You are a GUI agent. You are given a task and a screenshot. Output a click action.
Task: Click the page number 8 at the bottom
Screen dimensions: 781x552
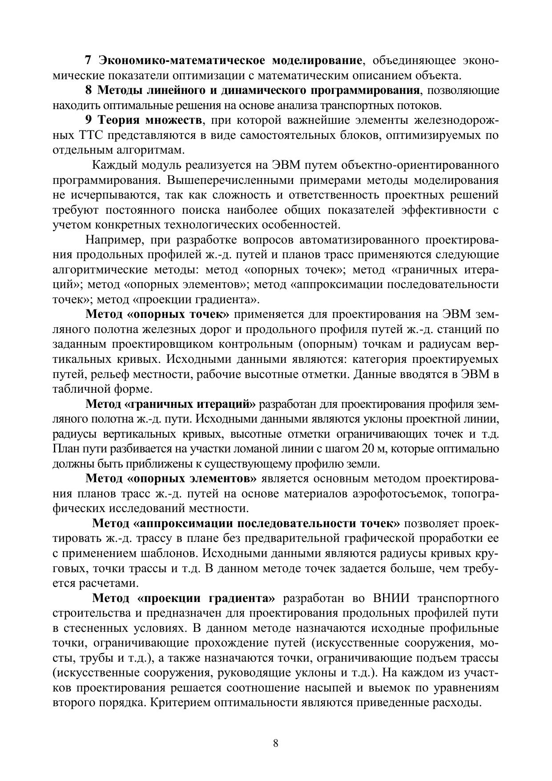tap(275, 743)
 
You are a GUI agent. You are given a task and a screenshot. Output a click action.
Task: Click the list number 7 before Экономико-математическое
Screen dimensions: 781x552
tap(88, 60)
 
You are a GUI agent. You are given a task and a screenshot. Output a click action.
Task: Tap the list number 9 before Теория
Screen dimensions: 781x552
tap(88, 120)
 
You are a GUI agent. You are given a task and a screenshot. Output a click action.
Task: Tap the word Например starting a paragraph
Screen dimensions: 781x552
tap(113, 240)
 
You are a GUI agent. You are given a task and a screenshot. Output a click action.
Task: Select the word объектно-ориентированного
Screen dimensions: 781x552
tap(419, 165)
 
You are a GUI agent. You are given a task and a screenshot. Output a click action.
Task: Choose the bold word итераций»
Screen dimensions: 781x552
tap(226, 404)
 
